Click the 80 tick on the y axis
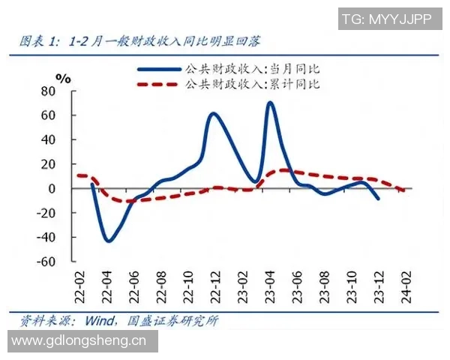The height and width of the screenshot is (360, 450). coord(47,91)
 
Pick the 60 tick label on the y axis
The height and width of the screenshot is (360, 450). coord(47,115)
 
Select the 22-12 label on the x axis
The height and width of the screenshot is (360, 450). coord(214,286)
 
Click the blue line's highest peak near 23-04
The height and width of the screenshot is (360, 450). coord(269,103)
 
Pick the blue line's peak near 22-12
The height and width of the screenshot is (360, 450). coord(214,114)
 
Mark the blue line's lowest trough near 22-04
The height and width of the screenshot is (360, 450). coord(108,241)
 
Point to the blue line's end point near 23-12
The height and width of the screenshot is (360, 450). coord(378,199)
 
